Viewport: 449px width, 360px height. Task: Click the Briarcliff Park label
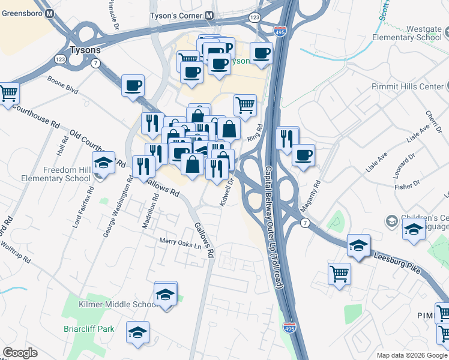coord(89,329)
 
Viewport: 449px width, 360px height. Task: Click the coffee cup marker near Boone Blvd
coord(133,85)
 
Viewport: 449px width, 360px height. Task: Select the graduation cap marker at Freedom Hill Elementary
coord(103,164)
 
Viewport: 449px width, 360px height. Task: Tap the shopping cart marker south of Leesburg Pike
coord(339,274)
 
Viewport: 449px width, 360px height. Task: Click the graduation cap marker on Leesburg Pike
coord(358,245)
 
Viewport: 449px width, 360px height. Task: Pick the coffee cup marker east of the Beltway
coord(303,155)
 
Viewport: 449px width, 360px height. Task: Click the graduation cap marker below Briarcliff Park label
coord(137,332)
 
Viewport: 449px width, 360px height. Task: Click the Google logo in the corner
coord(20,353)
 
